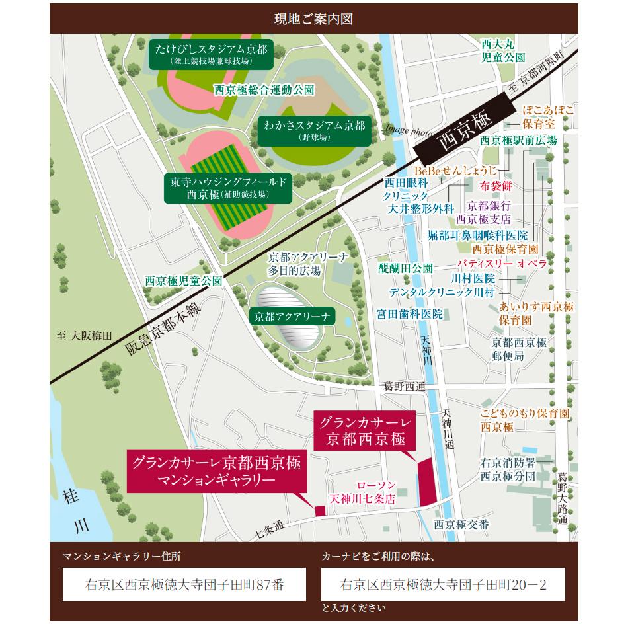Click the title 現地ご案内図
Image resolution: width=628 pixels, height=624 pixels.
pyautogui.click(x=314, y=19)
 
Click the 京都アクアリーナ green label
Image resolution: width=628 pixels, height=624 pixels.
pyautogui.click(x=293, y=317)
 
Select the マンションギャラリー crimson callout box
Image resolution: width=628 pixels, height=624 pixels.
pyautogui.click(x=213, y=473)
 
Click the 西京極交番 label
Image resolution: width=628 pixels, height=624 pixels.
pyautogui.click(x=461, y=524)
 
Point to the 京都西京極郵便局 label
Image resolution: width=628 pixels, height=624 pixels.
pyautogui.click(x=518, y=349)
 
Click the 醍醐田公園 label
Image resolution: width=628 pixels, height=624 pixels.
pyautogui.click(x=405, y=268)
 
